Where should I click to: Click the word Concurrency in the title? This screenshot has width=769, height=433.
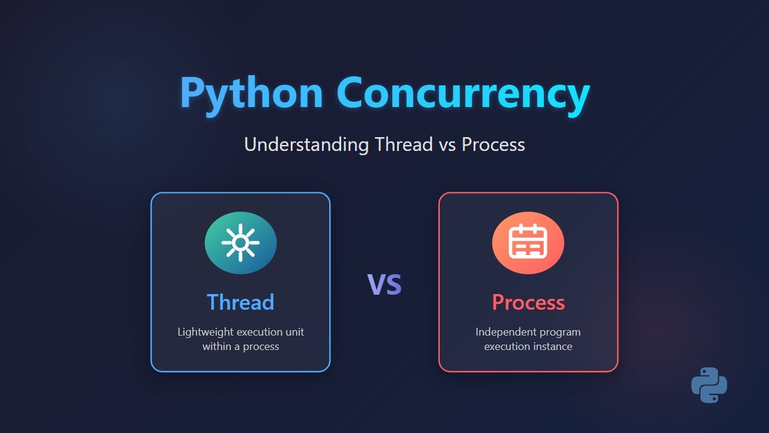(463, 94)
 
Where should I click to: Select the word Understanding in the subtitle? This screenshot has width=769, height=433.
(306, 144)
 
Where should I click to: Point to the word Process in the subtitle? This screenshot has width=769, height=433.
(493, 144)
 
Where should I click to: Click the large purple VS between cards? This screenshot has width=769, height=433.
(384, 284)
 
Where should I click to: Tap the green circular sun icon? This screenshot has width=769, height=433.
(240, 243)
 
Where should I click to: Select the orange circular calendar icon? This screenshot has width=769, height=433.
(527, 243)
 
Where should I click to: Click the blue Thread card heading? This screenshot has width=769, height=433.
(240, 302)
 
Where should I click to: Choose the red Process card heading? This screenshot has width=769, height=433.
(528, 302)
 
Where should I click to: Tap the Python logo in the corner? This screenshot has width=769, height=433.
(709, 385)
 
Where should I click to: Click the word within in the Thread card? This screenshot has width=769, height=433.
(216, 346)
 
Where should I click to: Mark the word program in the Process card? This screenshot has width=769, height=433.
(560, 332)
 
